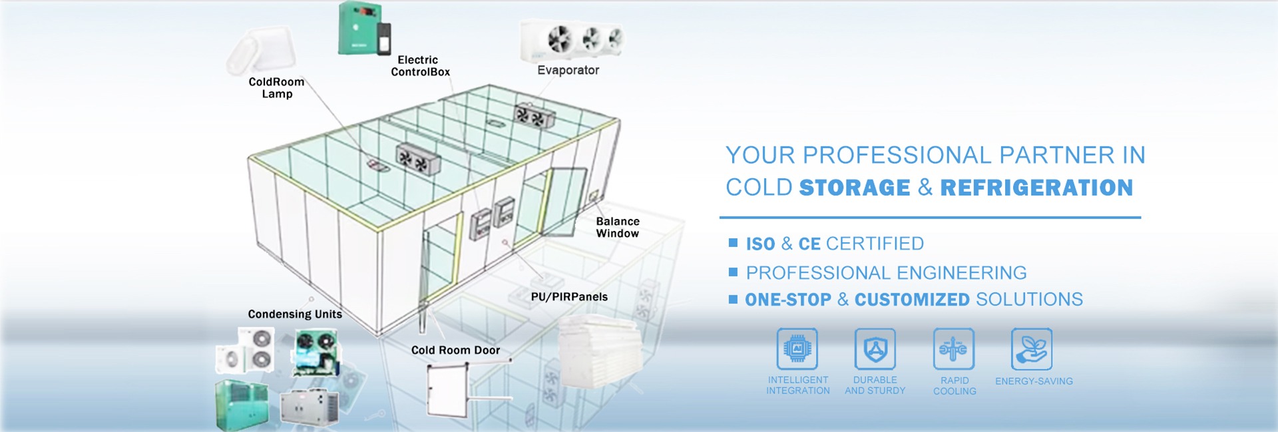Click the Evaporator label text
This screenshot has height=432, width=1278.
[x=568, y=70]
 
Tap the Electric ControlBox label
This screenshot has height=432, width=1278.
[x=420, y=66]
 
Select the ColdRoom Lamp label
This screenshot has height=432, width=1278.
[x=276, y=87]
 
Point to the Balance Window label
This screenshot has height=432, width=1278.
[x=617, y=227]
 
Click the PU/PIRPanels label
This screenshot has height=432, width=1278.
[x=569, y=297]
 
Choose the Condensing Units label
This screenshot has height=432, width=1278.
[x=295, y=314]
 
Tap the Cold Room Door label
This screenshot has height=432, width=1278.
[x=455, y=350]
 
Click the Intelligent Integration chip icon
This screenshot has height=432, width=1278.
[x=797, y=349]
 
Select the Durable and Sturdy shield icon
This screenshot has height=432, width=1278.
[x=875, y=349]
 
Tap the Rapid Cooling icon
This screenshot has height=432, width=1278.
[x=953, y=349]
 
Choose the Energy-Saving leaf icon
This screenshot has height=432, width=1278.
[x=1031, y=349]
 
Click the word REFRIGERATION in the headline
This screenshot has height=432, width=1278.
[x=1036, y=188]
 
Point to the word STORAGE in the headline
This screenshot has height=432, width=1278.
[x=854, y=188]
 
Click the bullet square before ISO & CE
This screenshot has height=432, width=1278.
[x=733, y=243]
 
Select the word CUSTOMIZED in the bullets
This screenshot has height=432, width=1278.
[x=911, y=300]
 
